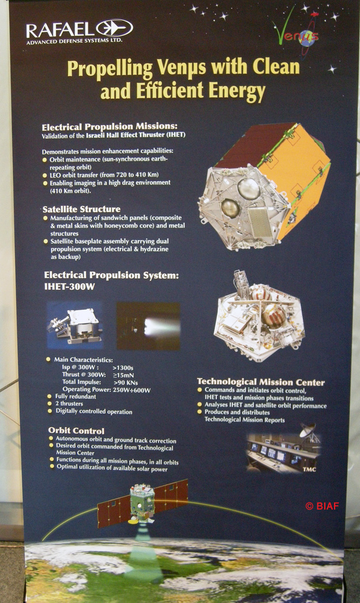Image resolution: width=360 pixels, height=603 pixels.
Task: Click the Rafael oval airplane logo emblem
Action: coord(114,28)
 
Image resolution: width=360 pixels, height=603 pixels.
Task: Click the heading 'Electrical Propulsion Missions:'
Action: coord(110,126)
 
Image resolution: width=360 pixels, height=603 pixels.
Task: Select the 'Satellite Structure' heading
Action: coord(81,209)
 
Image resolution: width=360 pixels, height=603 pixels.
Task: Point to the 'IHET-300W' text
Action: coord(69,287)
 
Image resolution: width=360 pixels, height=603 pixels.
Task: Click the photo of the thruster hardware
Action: coord(74,325)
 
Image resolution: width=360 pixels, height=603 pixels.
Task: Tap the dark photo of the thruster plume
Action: coord(148,326)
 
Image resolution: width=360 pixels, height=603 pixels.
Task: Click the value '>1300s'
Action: coord(123,368)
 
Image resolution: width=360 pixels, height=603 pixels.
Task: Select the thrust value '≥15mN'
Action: coord(123,375)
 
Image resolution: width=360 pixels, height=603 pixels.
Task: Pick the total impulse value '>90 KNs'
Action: coord(126,383)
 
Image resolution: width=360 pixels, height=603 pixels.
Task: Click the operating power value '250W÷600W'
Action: coord(132,390)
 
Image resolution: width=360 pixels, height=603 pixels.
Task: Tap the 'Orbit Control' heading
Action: coord(76,430)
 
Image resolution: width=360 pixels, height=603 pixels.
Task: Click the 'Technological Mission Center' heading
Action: coord(261,382)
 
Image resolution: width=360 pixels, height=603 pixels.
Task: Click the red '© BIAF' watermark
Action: coord(322,506)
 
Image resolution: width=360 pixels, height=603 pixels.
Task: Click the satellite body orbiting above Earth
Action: coord(142,502)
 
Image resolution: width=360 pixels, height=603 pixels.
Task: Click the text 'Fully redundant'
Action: coord(76,396)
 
